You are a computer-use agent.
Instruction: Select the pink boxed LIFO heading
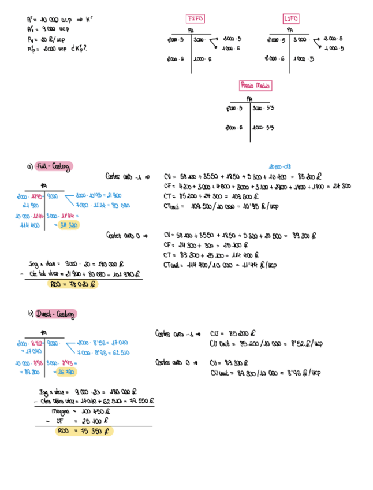(292, 18)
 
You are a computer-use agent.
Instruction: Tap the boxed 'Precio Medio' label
(255, 86)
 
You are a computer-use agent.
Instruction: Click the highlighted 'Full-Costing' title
(53, 166)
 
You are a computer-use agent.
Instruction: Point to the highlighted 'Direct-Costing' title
(55, 314)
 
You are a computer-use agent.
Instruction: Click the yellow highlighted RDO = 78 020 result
(73, 284)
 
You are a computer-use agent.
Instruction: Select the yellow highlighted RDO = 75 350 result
(84, 431)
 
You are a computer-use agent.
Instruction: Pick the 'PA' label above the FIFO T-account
(191, 31)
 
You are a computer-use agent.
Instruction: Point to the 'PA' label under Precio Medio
(249, 99)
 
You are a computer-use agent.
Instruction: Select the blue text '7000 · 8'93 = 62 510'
(103, 352)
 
